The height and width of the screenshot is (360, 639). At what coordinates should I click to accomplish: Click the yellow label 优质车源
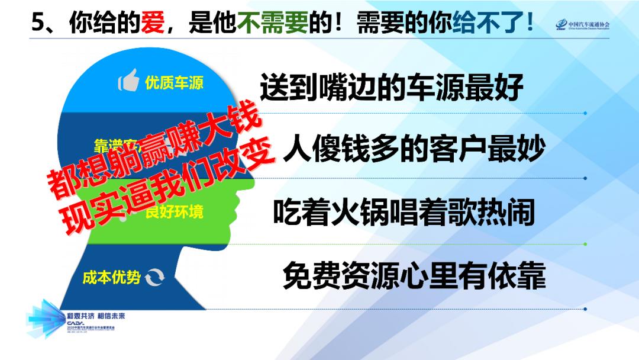(174, 82)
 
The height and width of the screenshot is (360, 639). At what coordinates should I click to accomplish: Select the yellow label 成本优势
(111, 277)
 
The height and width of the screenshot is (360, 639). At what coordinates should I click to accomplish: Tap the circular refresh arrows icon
(156, 277)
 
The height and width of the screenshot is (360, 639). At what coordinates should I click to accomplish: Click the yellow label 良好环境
(175, 211)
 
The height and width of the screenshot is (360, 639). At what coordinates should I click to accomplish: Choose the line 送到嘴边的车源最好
(392, 88)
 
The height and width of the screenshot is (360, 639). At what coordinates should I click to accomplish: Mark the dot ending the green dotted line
(585, 243)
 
